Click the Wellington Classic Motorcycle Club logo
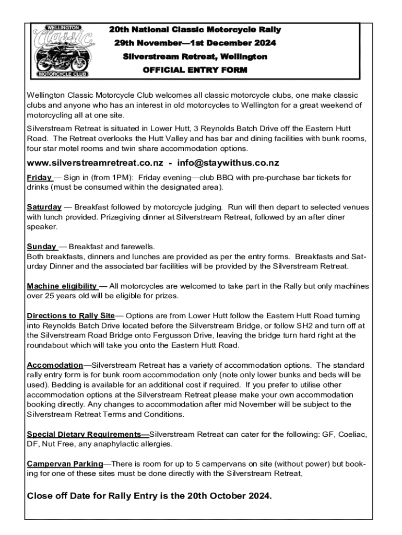pyautogui.click(x=63, y=51)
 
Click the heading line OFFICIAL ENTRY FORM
pyautogui.click(x=195, y=70)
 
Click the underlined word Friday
pyautogui.click(x=39, y=178)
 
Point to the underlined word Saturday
pyautogui.click(x=44, y=207)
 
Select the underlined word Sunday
pyautogui.click(x=41, y=247)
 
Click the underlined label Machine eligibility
pyautogui.click(x=62, y=286)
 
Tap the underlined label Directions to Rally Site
pyautogui.click(x=70, y=316)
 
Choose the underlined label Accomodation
pyautogui.click(x=55, y=365)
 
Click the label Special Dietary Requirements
pyautogui.click(x=87, y=434)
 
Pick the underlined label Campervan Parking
pyautogui.click(x=65, y=463)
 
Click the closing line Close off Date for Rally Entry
pyautogui.click(x=149, y=496)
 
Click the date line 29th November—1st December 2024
pyautogui.click(x=195, y=43)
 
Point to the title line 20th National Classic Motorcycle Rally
pyautogui.click(x=195, y=30)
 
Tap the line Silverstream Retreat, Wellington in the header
pyautogui.click(x=195, y=56)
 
